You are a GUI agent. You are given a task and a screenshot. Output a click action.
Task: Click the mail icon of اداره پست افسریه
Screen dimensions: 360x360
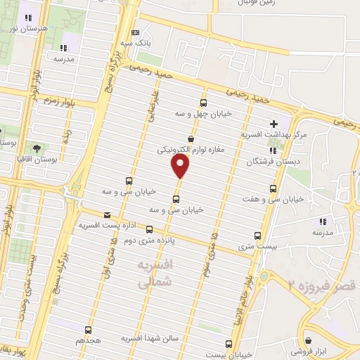(x=107, y=215)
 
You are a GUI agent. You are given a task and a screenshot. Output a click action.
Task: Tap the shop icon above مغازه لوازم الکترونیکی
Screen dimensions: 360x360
(x=191, y=139)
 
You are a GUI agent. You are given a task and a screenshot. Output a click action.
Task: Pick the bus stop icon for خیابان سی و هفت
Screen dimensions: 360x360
(x=274, y=188)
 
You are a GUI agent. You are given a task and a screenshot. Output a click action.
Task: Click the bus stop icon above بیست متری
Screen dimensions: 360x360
(x=257, y=237)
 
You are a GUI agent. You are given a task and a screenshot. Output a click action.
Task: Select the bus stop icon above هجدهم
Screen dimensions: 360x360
(x=89, y=329)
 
